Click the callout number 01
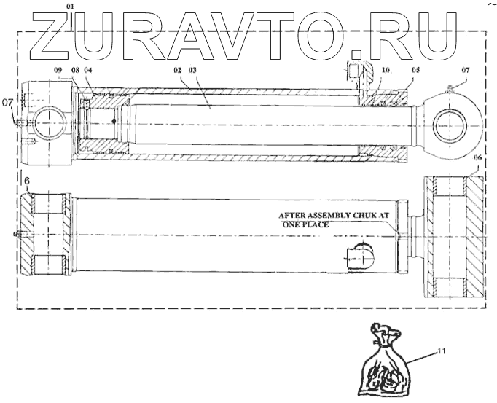(70, 6)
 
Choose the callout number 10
(386, 70)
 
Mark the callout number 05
(415, 70)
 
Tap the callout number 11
(441, 351)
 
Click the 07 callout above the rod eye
(466, 70)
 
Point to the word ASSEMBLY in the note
(337, 216)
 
